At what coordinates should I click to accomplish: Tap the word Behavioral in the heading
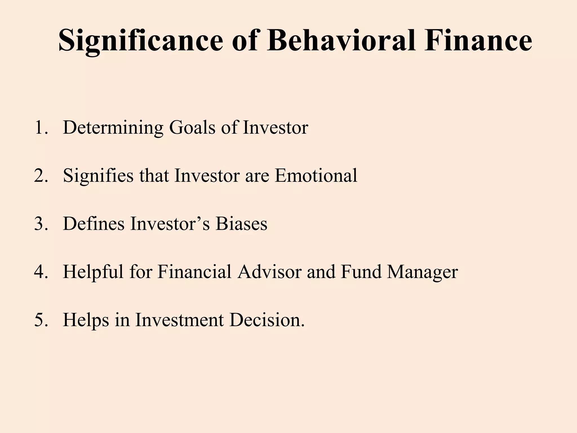pyautogui.click(x=341, y=41)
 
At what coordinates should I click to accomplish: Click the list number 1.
pyautogui.click(x=41, y=127)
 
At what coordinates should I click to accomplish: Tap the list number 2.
pyautogui.click(x=41, y=176)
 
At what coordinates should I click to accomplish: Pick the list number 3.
pyautogui.click(x=41, y=224)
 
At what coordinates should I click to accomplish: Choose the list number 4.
pyautogui.click(x=41, y=272)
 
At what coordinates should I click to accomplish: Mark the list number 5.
pyautogui.click(x=41, y=320)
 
